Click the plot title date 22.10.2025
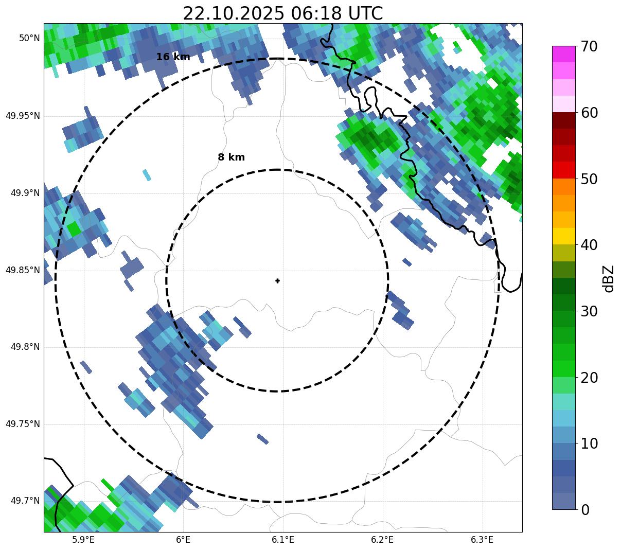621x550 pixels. pos(233,13)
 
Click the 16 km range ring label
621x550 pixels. pos(173,57)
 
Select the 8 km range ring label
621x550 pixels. pos(231,157)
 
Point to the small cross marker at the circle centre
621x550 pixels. pos(277,281)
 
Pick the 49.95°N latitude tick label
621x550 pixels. pos(23,116)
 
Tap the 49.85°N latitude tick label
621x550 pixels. pos(23,270)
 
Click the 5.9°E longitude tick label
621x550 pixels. pos(83,540)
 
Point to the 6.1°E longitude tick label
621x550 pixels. pos(283,540)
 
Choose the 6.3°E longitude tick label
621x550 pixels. pos(482,540)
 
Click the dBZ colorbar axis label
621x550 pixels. pos(609,278)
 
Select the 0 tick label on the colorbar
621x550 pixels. pos(585,510)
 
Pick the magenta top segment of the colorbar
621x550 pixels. pos(563,54)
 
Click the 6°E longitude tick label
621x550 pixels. pos(183,540)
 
